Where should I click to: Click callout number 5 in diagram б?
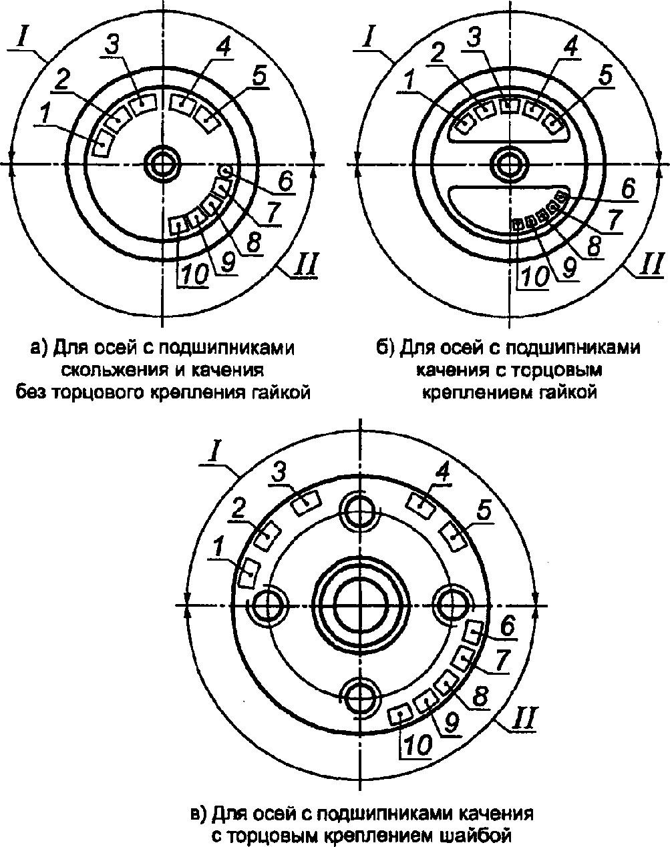tap(605, 76)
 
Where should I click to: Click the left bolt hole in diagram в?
tap(269, 605)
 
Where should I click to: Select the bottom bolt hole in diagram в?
tap(360, 697)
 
